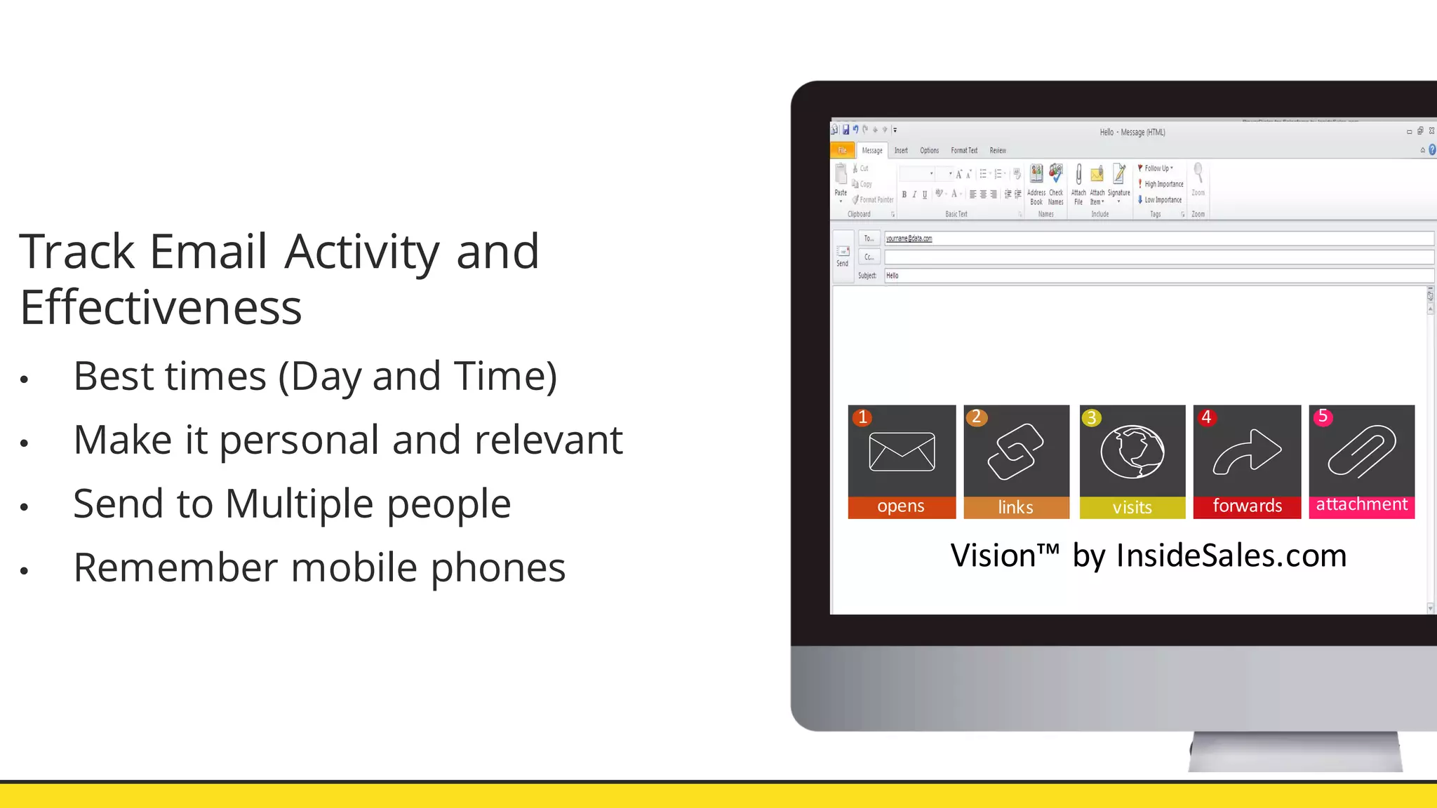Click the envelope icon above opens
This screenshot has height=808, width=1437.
pyautogui.click(x=902, y=452)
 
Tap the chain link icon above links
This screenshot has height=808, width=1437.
pyautogui.click(x=1015, y=452)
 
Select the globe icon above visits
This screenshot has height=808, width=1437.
pyautogui.click(x=1132, y=452)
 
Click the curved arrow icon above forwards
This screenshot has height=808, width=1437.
pyautogui.click(x=1247, y=452)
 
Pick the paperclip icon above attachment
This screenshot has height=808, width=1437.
pyautogui.click(x=1361, y=452)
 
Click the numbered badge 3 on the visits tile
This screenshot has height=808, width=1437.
pyautogui.click(x=1091, y=418)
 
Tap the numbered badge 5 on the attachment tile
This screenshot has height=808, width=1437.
pyautogui.click(x=1323, y=417)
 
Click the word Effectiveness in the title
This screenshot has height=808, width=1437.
pyautogui.click(x=161, y=307)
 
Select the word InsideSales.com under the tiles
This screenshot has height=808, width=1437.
pyautogui.click(x=1231, y=555)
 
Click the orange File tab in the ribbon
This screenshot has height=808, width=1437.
pyautogui.click(x=842, y=150)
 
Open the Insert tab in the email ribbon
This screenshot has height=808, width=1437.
pyautogui.click(x=901, y=150)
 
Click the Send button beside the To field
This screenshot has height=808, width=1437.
pyautogui.click(x=843, y=256)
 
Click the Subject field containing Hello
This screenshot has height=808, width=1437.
pyautogui.click(x=1158, y=276)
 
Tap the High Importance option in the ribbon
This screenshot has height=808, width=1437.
pyautogui.click(x=1163, y=184)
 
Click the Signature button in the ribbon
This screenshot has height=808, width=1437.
pyautogui.click(x=1118, y=182)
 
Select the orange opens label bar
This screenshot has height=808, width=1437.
pyautogui.click(x=902, y=506)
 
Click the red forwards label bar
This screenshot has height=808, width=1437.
pyautogui.click(x=1247, y=506)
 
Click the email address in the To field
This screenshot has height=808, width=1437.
pyautogui.click(x=909, y=238)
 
